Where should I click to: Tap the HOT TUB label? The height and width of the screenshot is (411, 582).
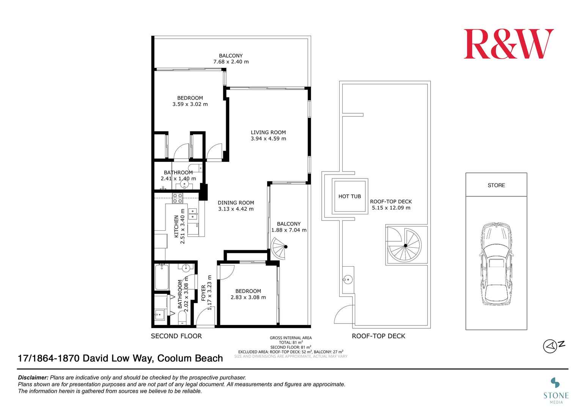pos(349,197)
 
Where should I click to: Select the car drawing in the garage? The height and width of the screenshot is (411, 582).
pos(496,264)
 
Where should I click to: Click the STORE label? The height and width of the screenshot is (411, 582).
pos(496,185)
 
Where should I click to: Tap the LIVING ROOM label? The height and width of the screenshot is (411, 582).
pos(268,132)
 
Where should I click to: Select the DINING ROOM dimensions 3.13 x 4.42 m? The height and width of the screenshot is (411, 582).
pos(236,209)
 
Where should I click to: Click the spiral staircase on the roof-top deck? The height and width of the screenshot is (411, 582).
pos(405,245)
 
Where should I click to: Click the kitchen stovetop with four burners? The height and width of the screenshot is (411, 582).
pos(178,198)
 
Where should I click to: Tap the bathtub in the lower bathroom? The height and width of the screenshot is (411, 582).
pos(162,277)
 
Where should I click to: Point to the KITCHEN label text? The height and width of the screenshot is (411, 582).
pos(176,226)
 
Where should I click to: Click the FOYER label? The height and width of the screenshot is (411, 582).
pos(203,293)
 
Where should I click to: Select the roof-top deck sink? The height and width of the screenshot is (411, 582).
pos(348,280)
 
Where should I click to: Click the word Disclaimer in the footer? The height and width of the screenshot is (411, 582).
pos(33,378)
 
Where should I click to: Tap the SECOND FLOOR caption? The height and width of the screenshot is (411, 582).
pos(176,336)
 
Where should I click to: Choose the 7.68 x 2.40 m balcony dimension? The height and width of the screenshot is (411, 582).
pos(231,62)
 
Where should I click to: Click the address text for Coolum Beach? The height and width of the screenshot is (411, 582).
pos(120,358)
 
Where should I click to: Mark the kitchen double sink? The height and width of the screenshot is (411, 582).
pos(193,214)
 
